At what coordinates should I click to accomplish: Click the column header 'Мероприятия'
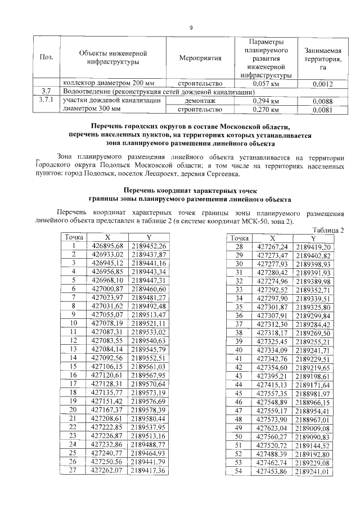pos(200,58)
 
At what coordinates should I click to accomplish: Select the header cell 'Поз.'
pos(44,58)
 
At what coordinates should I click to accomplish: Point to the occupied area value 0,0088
pos(323,101)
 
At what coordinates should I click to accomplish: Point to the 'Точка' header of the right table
pos(240,238)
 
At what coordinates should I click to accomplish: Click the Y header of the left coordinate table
pos(148,238)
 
